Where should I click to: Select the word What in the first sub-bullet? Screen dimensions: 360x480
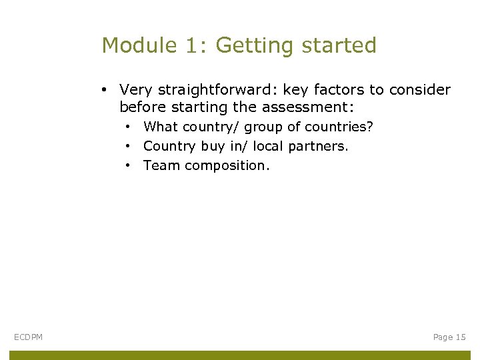tap(161, 127)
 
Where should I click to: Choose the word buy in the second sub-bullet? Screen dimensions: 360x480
tap(213, 146)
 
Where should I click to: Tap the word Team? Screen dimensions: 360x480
tap(161, 165)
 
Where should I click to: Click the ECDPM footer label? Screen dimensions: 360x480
tap(28, 337)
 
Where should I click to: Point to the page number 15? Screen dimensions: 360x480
tap(461, 337)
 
